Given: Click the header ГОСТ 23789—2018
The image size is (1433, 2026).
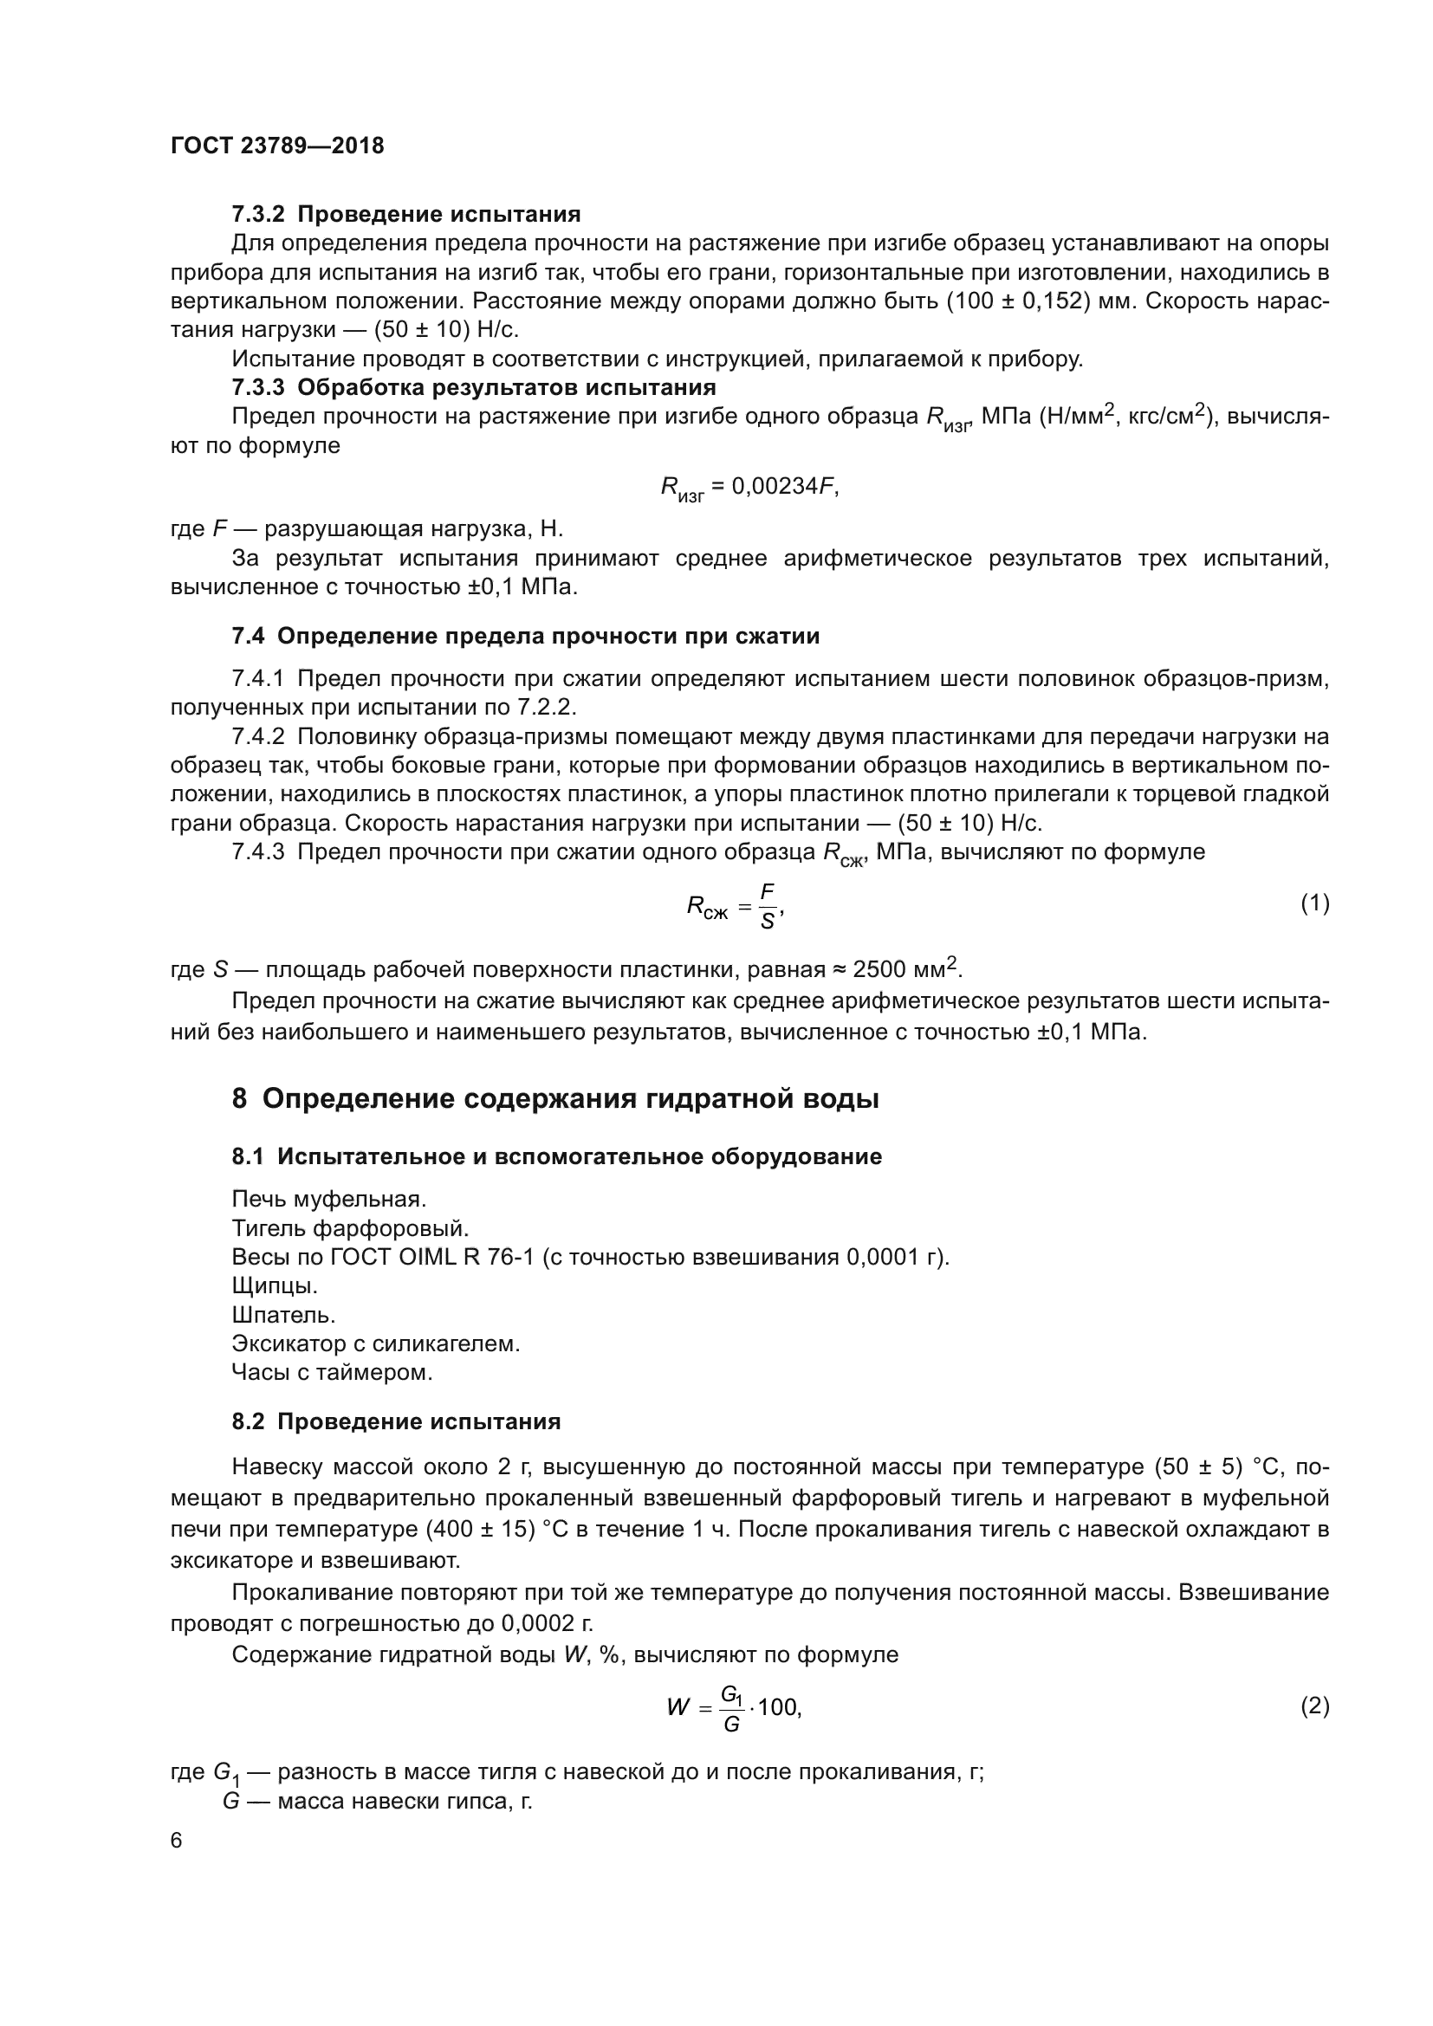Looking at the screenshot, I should coord(277,146).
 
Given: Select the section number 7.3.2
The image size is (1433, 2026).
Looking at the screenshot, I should coord(257,215).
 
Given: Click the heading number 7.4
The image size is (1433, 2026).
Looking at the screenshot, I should coord(248,637).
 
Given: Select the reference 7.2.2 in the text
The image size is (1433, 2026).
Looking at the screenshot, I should coord(545,707).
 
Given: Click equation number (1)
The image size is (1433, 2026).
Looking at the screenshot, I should coord(1315,903).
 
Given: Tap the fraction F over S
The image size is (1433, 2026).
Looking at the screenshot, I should coord(767,906).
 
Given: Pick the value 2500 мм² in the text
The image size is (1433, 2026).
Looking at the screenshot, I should coord(906,969).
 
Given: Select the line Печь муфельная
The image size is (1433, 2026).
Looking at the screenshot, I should coord(329,1199).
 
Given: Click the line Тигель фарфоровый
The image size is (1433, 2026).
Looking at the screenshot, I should coord(350,1228).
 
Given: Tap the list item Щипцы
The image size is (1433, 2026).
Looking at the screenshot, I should coord(275,1285).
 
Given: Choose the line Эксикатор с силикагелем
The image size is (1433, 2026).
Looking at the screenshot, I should coord(376,1344).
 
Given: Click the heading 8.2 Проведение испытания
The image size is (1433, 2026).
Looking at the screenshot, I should coord(396,1421).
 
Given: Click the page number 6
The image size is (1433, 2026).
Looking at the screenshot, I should coord(177,1840).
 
